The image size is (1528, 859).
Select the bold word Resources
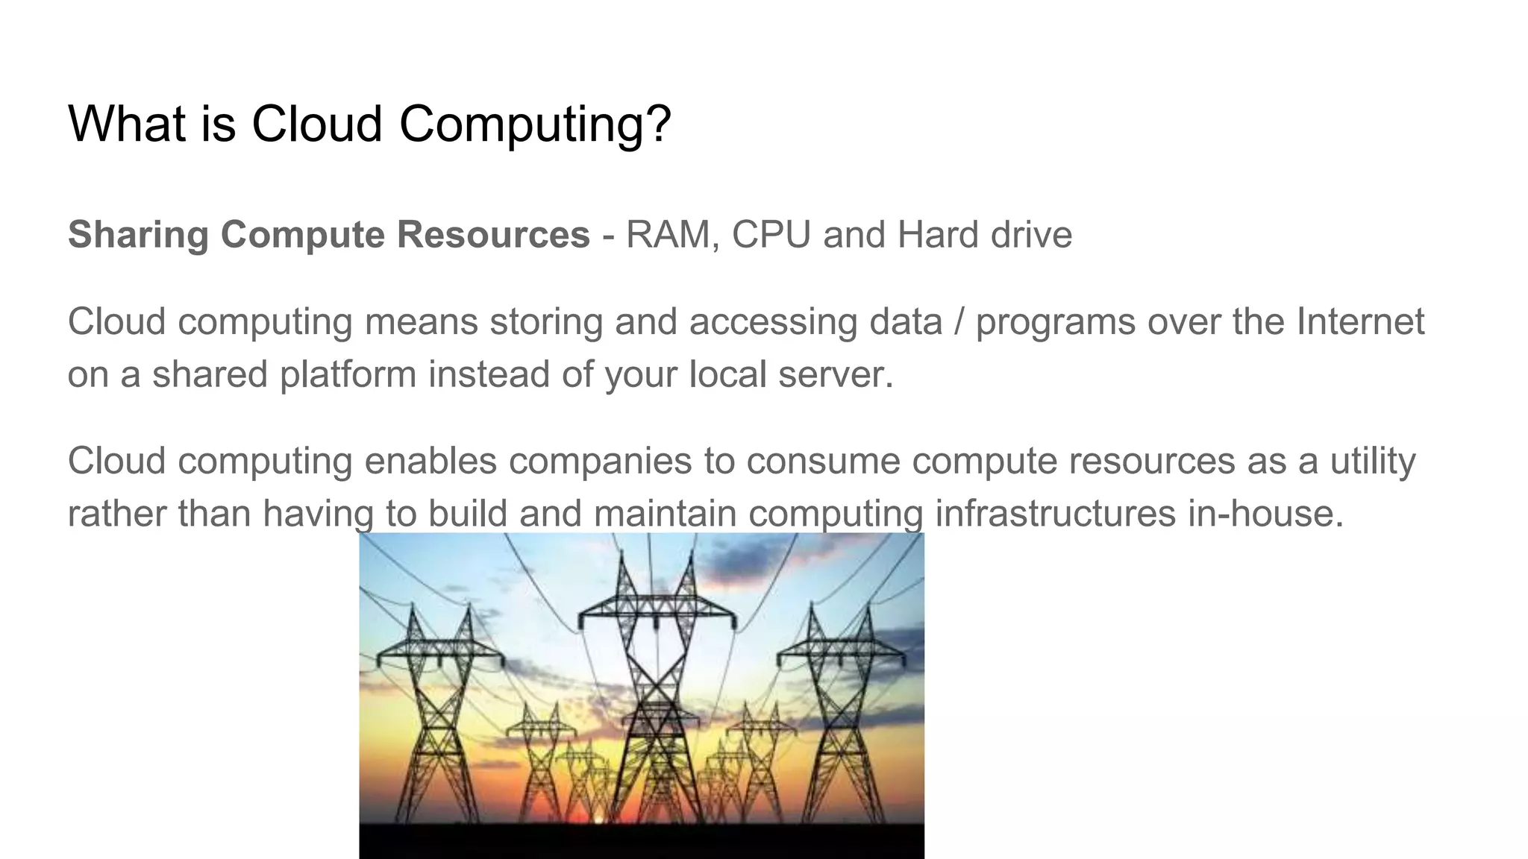pyautogui.click(x=493, y=235)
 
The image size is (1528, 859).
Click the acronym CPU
pyautogui.click(x=771, y=235)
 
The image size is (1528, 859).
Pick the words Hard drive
pyautogui.click(x=985, y=235)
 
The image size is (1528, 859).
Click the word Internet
pyautogui.click(x=1361, y=322)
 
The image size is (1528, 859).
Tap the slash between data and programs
pyautogui.click(x=959, y=322)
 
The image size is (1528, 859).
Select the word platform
pyautogui.click(x=348, y=374)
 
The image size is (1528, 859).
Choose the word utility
pyautogui.click(x=1373, y=462)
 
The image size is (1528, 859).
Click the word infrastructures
pyautogui.click(x=1056, y=514)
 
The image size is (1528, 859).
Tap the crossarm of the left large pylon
pyautogui.click(x=440, y=656)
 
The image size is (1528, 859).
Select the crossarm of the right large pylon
pyautogui.click(x=841, y=656)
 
